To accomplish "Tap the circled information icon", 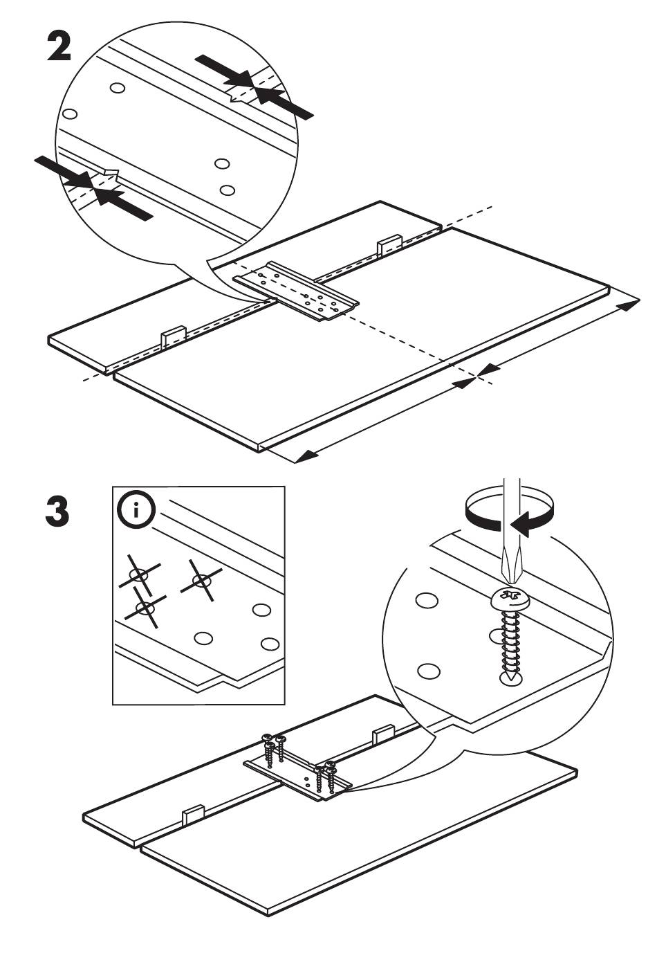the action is pos(136,510).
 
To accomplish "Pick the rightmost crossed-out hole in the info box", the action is pos(201,580).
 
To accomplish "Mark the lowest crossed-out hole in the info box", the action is pos(145,607).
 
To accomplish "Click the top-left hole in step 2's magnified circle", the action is pos(118,88).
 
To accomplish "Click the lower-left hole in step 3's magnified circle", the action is pos(428,670).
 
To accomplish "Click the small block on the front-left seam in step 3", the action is pos(193,814).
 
